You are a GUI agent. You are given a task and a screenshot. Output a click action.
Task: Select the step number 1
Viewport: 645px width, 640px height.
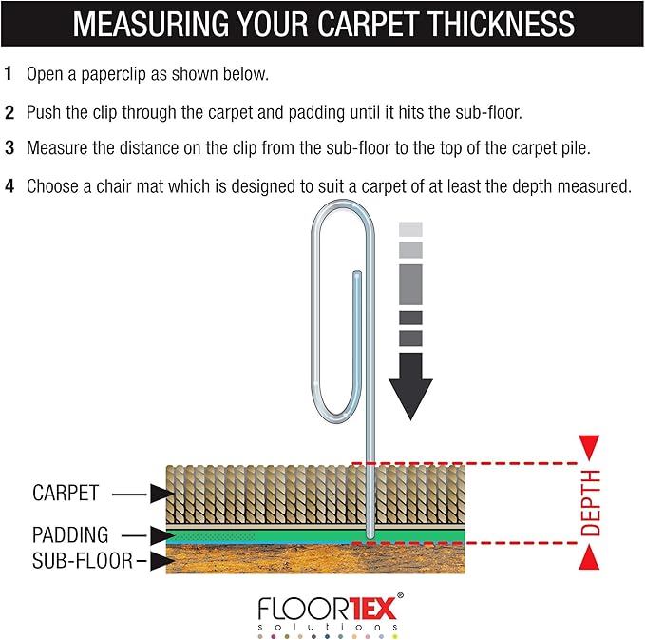pyautogui.click(x=9, y=73)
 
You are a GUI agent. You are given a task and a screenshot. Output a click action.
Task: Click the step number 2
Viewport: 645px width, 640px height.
pyautogui.click(x=9, y=111)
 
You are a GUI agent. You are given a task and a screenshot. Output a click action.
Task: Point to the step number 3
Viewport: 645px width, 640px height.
pyautogui.click(x=9, y=148)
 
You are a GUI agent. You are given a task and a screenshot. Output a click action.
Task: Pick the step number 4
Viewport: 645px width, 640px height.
pyautogui.click(x=9, y=186)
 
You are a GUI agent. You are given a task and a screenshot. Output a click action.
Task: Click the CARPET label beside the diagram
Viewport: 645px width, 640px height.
pyautogui.click(x=65, y=494)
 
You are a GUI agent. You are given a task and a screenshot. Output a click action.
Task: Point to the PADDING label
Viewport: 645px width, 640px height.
pyautogui.click(x=70, y=535)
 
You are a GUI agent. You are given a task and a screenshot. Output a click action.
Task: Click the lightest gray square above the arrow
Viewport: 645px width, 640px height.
pyautogui.click(x=410, y=229)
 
